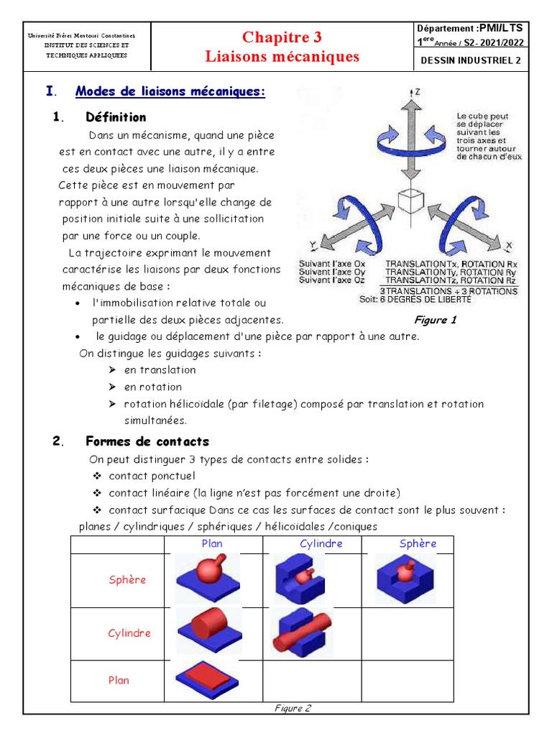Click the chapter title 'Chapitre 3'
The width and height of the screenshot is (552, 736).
282,37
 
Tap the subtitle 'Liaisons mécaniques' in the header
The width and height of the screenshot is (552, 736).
282,56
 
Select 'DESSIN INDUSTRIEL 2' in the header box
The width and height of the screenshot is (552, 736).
470,60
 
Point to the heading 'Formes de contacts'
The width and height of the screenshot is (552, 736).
147,441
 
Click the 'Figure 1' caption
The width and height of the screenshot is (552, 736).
435,320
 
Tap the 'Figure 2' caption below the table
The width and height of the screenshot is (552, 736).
293,708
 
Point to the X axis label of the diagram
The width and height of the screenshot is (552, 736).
509,246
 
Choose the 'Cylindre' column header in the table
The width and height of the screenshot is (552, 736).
321,544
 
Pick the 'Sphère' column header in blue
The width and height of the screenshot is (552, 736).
418,544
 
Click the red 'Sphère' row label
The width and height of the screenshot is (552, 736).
127,580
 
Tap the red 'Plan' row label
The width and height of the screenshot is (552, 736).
119,680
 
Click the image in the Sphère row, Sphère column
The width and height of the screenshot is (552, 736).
404,579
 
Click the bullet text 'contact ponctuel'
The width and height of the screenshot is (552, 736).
152,476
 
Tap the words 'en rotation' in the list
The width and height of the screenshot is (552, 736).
153,387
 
